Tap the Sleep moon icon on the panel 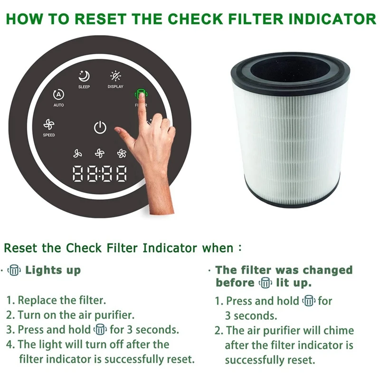coord(84,76)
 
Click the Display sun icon coord(115,76)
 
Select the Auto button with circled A coord(58,95)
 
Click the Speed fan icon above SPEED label coord(48,125)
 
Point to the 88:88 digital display coord(99,174)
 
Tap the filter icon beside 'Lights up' coord(15,271)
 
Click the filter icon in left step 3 coord(100,329)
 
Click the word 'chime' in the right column coord(338,330)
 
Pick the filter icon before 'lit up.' coord(265,283)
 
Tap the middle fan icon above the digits coord(99,153)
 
